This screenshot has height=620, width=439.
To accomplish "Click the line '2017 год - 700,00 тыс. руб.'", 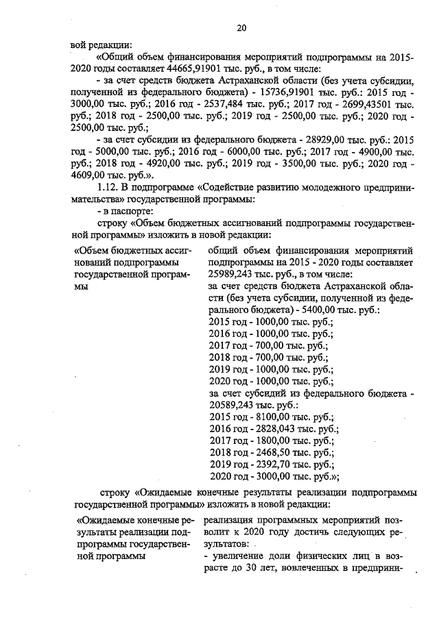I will [269, 345].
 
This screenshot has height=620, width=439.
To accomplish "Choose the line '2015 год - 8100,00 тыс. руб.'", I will [271, 416].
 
